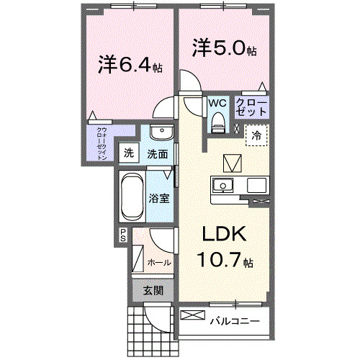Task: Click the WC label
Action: [217, 103]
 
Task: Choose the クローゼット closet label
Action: [252, 109]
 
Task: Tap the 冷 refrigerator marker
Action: [256, 135]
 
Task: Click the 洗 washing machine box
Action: [128, 153]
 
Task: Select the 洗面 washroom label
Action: [158, 153]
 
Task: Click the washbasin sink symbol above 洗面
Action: [161, 134]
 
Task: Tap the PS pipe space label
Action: [123, 233]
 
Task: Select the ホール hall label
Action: [159, 262]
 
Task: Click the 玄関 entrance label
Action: [152, 290]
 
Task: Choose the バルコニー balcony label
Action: [235, 320]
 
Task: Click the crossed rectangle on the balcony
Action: [192, 315]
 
